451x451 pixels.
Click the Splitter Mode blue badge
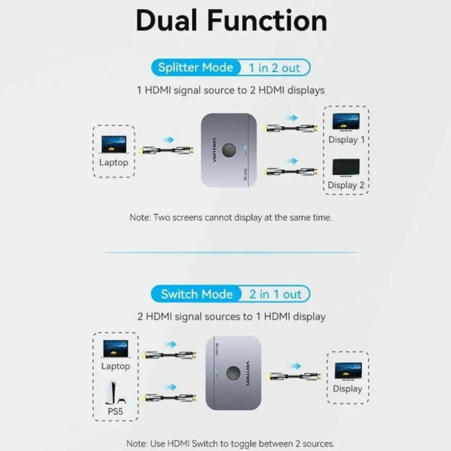click(196, 67)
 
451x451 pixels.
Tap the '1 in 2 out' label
click(274, 67)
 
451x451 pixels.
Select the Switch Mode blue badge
click(197, 294)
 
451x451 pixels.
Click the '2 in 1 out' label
click(276, 294)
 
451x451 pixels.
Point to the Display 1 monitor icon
click(346, 122)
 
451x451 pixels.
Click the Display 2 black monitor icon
click(346, 167)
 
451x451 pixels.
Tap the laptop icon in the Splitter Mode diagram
click(113, 144)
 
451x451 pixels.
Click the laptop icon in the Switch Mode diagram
click(115, 349)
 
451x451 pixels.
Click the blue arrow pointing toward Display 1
click(293, 118)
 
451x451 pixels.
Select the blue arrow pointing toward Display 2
click(293, 160)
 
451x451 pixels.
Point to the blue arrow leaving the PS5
click(171, 387)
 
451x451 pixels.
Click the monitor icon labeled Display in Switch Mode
click(347, 370)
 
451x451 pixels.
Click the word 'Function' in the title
click(267, 21)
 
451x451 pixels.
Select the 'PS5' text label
click(115, 410)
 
